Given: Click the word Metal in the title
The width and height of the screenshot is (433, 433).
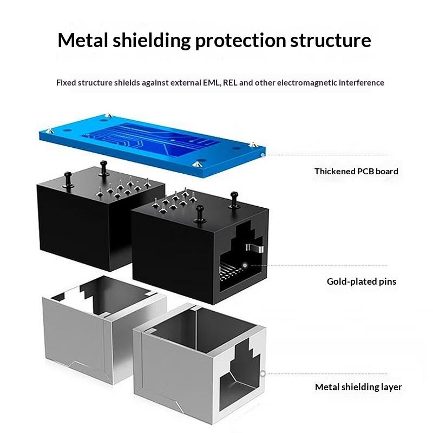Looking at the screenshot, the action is pyautogui.click(x=83, y=40).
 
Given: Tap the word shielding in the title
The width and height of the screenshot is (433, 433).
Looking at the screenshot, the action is pyautogui.click(x=152, y=40).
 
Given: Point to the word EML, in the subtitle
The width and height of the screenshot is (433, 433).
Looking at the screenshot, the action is pyautogui.click(x=212, y=83).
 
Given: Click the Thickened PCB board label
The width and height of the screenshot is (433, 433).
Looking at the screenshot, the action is pyautogui.click(x=356, y=171).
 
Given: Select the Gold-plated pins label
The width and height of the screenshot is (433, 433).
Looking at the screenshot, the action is pyautogui.click(x=362, y=281).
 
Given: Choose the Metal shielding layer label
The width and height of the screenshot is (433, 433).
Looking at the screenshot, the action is pyautogui.click(x=358, y=387).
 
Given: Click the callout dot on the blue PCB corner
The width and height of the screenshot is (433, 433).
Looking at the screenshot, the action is pyautogui.click(x=263, y=155).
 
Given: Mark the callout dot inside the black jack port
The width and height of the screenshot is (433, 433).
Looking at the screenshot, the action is pyautogui.click(x=245, y=265).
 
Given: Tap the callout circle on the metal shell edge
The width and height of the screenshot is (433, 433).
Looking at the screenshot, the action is pyautogui.click(x=263, y=373).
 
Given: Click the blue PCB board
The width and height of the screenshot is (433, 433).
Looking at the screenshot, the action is pyautogui.click(x=152, y=144).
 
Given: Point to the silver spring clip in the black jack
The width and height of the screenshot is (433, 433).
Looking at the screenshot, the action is pyautogui.click(x=254, y=248).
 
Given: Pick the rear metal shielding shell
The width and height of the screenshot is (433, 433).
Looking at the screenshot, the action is pyautogui.click(x=103, y=329).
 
